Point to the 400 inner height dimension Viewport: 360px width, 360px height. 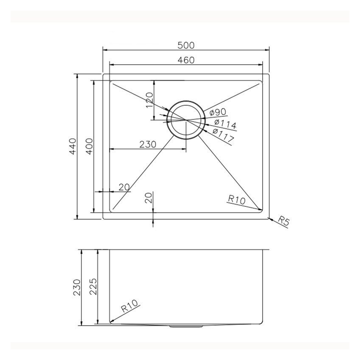click(89, 146)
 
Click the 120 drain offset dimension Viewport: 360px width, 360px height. click(149, 100)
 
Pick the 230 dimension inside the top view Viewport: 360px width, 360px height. click(148, 144)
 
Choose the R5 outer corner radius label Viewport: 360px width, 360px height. click(283, 220)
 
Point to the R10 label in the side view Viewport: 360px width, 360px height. click(130, 307)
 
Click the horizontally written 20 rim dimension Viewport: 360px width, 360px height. click(124, 187)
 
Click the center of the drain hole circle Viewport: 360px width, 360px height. click(186, 120)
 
